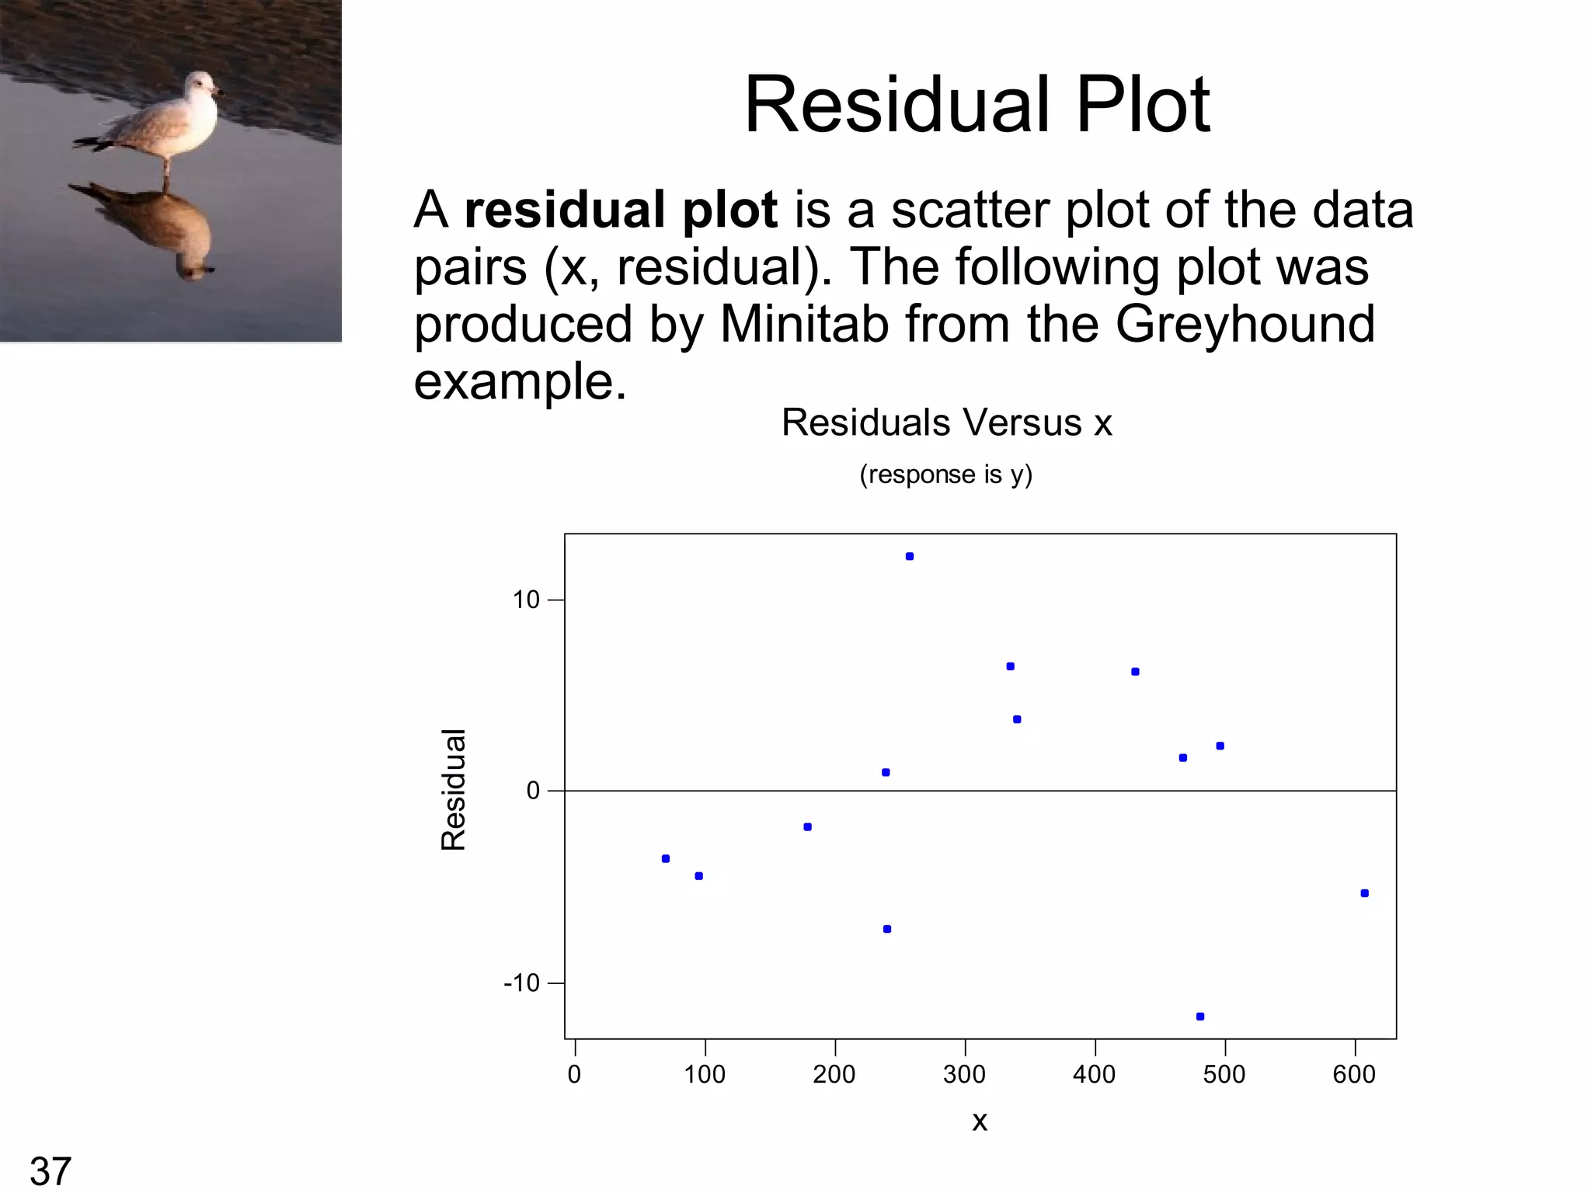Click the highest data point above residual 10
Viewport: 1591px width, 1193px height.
[910, 556]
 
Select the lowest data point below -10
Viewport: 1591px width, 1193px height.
[1200, 1017]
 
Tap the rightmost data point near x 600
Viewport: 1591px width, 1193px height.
[1365, 893]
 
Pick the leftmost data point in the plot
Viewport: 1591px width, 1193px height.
[666, 858]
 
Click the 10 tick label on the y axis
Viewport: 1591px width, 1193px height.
[526, 600]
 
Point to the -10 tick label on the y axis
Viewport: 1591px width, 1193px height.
[521, 983]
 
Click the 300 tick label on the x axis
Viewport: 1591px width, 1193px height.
[964, 1074]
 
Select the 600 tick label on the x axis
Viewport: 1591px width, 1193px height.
[1354, 1074]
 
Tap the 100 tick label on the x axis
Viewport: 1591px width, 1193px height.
[705, 1074]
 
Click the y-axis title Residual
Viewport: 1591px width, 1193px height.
[454, 790]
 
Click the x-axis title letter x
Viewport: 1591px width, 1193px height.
[980, 1121]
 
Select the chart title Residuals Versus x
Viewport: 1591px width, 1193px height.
[946, 423]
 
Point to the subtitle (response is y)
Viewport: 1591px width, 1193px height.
[945, 474]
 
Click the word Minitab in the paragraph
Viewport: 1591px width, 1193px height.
[804, 323]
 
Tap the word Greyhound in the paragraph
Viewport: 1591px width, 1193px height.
[1245, 323]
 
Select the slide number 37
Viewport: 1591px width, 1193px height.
[50, 1170]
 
